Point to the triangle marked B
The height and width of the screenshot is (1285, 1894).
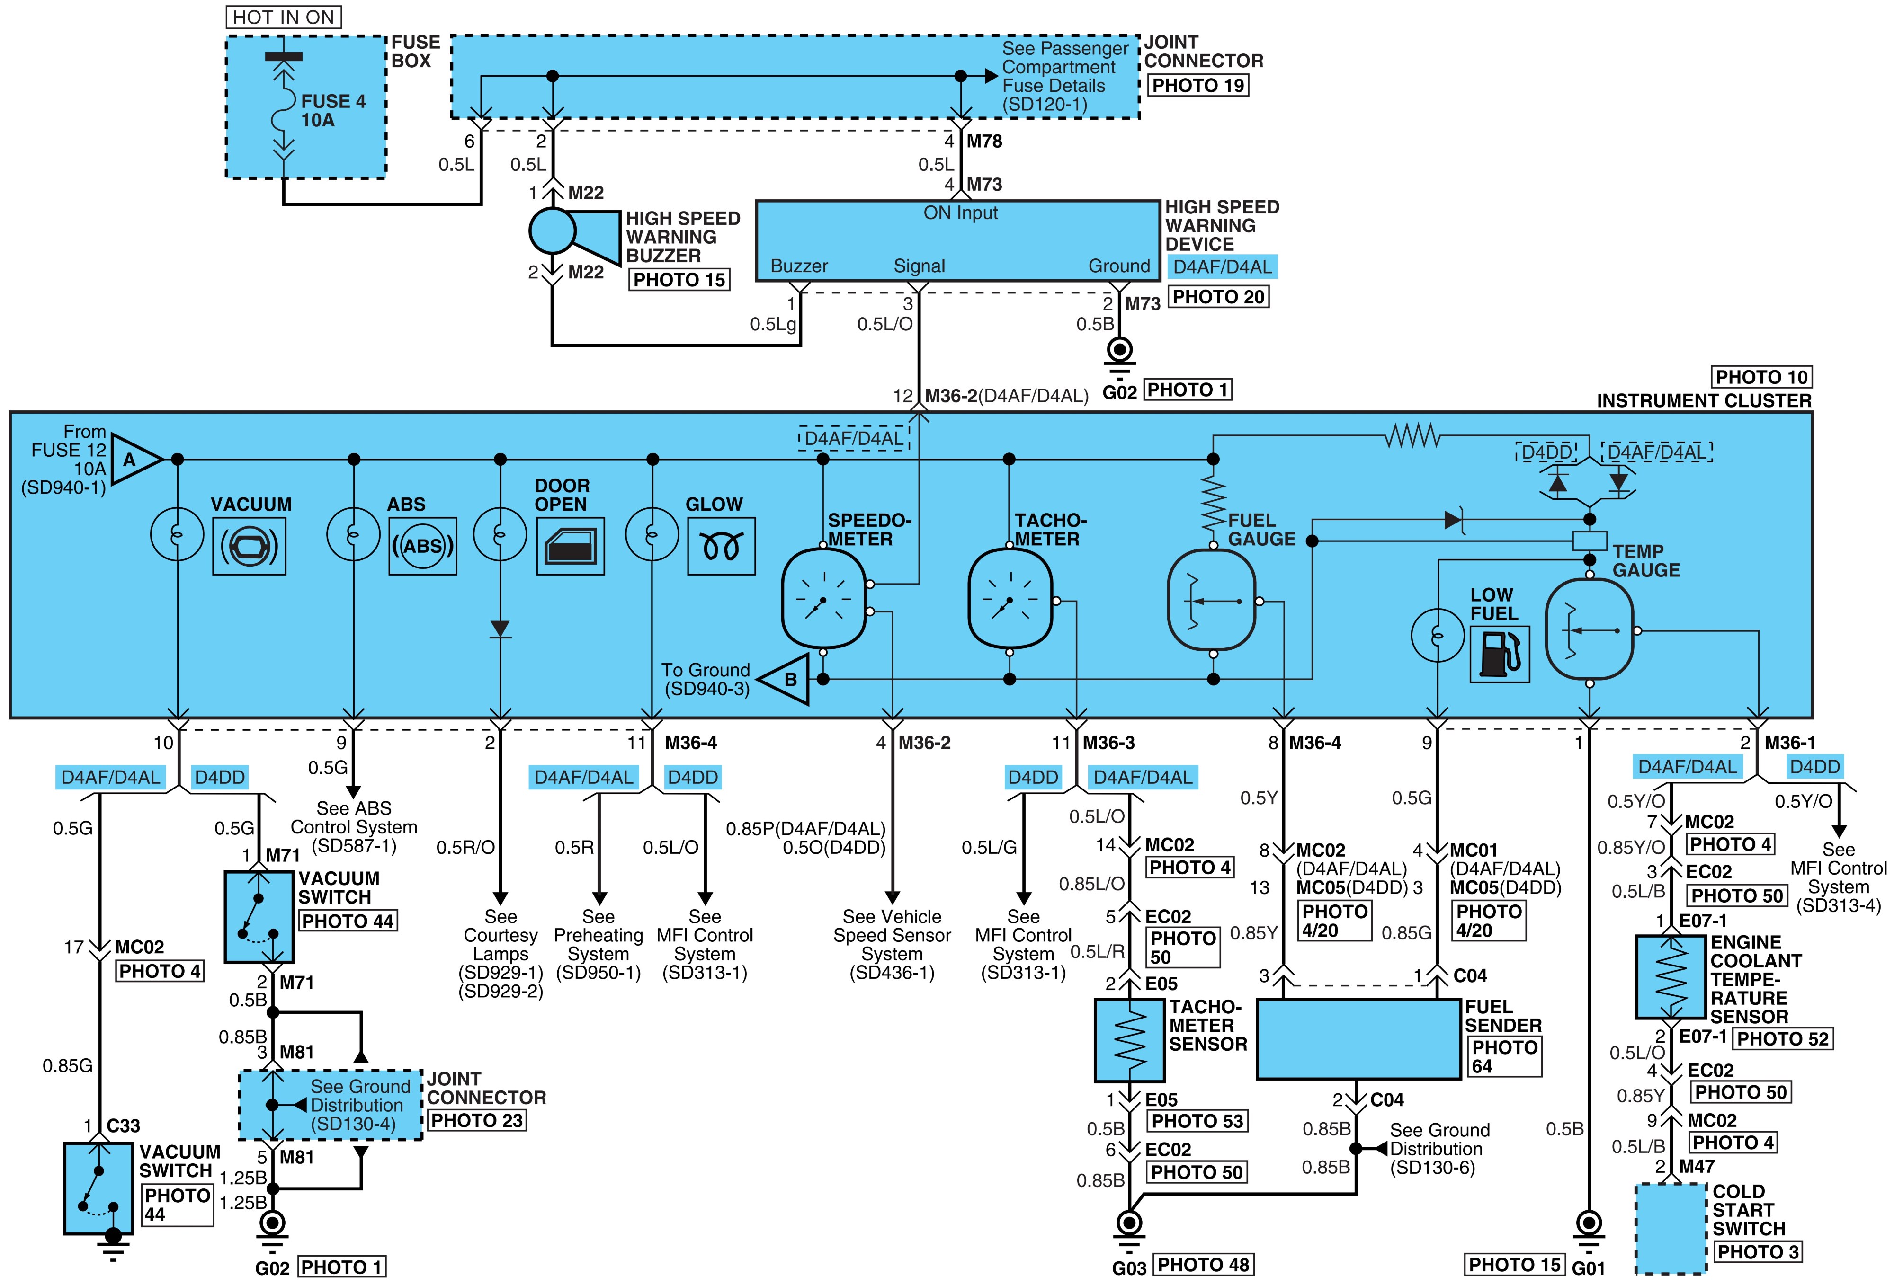(784, 679)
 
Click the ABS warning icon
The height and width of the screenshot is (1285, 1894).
(422, 546)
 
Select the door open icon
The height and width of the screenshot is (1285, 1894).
(571, 546)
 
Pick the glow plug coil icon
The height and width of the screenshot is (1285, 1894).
(721, 546)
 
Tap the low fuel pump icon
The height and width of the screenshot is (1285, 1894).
(1500, 654)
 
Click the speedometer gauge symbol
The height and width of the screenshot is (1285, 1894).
(823, 599)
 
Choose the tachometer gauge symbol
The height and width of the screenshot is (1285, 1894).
(1010, 599)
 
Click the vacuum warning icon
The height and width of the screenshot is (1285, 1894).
(250, 546)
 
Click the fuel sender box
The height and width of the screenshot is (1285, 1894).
(1358, 1039)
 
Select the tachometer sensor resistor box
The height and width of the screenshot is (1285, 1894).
(1130, 1041)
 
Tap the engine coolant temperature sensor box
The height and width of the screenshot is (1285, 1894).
(1671, 977)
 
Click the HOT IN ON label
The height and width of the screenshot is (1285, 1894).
(284, 17)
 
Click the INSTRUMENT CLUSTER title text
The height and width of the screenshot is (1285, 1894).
(1704, 401)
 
